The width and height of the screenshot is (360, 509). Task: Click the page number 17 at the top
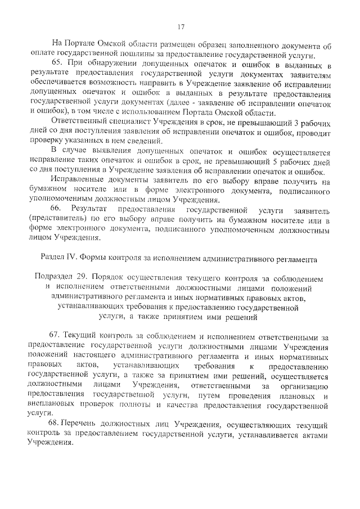[181, 26]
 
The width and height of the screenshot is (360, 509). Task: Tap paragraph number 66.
[57, 209]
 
